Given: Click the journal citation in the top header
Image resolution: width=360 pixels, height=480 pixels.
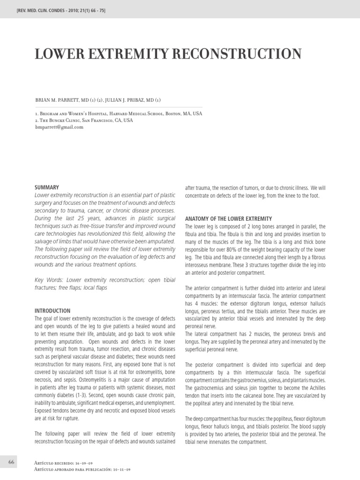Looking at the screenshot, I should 61,10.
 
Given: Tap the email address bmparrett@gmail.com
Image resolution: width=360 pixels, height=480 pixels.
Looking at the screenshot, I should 59,127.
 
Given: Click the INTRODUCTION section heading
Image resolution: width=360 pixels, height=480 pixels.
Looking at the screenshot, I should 52,311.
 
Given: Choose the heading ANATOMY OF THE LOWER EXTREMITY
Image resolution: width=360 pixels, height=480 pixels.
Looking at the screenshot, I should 228,219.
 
